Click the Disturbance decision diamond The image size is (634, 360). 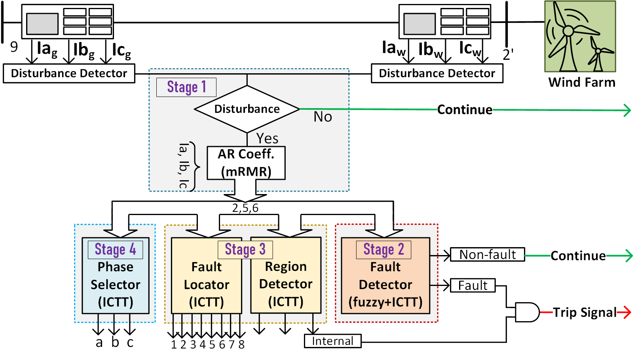point(247,109)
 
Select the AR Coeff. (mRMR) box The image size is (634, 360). point(246,163)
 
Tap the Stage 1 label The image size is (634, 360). point(186,87)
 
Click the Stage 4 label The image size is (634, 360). point(115,250)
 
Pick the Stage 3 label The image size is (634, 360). point(245,250)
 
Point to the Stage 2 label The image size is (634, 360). point(383,250)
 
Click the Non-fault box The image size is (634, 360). point(488,255)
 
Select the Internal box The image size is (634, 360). point(332,341)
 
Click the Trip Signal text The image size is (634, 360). point(585,312)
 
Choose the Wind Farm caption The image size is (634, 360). point(582,82)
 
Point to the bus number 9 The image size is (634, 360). point(14,47)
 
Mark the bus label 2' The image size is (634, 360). point(508,55)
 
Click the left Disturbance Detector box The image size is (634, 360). point(69,73)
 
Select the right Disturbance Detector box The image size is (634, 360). point(437,73)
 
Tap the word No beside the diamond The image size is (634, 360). point(323,117)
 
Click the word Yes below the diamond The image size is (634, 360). point(267,139)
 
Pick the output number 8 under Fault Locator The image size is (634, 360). point(241,345)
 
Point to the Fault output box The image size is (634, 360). point(473,286)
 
